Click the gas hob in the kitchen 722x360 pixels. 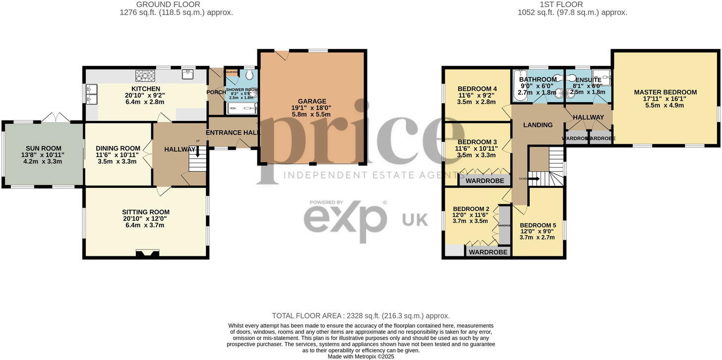(145, 75)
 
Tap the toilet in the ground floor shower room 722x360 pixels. (249, 75)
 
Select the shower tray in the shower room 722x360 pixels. (242, 109)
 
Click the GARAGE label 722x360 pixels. (312, 101)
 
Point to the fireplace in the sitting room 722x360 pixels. (148, 254)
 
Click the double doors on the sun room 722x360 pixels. (56, 118)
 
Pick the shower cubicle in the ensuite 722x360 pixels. (602, 77)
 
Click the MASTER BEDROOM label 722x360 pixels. (665, 92)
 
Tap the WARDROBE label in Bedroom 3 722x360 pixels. (484, 180)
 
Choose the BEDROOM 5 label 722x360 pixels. (538, 225)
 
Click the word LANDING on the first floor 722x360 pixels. (538, 125)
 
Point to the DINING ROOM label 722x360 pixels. (118, 148)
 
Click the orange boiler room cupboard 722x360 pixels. (232, 72)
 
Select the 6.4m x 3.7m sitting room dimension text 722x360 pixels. (145, 225)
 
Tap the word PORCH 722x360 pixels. (216, 92)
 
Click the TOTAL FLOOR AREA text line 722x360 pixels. (361, 316)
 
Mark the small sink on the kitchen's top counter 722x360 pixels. (187, 74)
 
